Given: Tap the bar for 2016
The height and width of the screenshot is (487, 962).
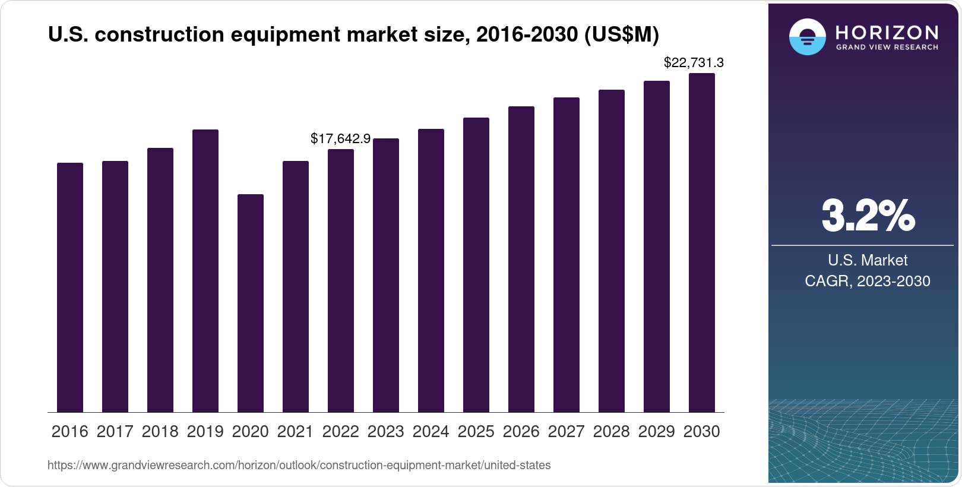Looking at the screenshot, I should point(70,287).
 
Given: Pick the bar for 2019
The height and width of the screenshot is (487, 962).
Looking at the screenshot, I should point(205,271).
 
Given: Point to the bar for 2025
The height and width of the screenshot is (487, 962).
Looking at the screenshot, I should point(476,265).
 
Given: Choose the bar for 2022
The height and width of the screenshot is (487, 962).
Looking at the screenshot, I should point(341,280).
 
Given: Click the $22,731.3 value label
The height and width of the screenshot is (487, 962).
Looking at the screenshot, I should point(694,62).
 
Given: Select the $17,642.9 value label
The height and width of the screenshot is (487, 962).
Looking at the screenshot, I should point(340,138).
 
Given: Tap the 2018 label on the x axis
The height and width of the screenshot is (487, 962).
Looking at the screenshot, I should point(160,431).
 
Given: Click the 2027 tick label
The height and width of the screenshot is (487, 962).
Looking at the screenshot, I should point(567,431).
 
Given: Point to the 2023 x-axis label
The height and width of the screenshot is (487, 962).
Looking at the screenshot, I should point(386,431).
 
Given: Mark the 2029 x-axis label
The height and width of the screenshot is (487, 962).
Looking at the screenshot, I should point(657,431).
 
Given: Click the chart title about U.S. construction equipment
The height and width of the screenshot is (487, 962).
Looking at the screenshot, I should point(353,35).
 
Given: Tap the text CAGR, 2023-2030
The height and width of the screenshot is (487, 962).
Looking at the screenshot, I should point(868,281).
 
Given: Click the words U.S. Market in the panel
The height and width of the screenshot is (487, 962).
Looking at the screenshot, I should point(868,260).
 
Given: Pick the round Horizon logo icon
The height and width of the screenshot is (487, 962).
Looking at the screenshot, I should point(807,37).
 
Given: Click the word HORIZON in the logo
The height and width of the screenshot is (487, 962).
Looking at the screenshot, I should point(887,32).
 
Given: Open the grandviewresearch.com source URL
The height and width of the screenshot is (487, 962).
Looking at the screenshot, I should point(299,466).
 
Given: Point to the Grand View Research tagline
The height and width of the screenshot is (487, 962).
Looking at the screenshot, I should point(887,47).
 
